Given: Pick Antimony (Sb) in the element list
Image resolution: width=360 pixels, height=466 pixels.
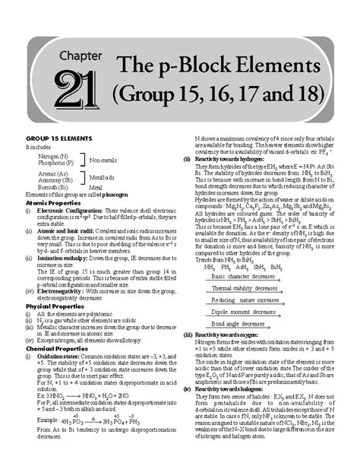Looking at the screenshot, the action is (49, 179).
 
